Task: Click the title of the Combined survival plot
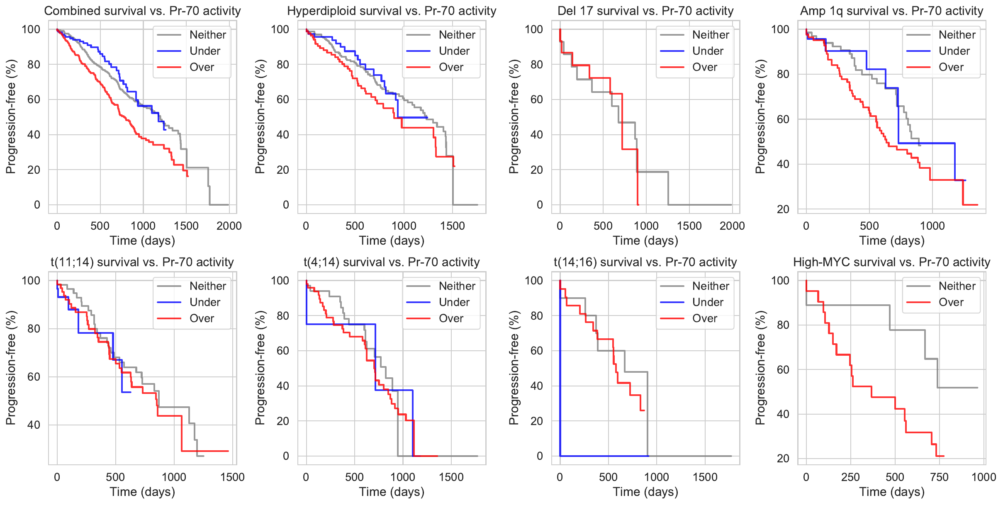pyautogui.click(x=142, y=11)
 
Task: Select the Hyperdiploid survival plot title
pyautogui.click(x=392, y=11)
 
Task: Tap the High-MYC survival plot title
pyautogui.click(x=891, y=262)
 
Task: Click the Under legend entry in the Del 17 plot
pyautogui.click(x=708, y=51)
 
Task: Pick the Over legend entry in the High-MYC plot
pyautogui.click(x=951, y=302)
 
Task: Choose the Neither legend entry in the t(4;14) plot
pyautogui.click(x=457, y=286)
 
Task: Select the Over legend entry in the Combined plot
pyautogui.click(x=202, y=67)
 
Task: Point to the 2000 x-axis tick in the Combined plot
pyautogui.click(x=229, y=226)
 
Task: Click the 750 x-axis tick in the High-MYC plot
pyautogui.click(x=939, y=477)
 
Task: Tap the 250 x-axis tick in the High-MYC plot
pyautogui.click(x=850, y=477)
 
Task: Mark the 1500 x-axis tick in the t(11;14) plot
pyautogui.click(x=232, y=477)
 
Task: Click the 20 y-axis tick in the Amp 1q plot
pyautogui.click(x=783, y=209)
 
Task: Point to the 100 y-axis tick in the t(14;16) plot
pyautogui.click(x=533, y=281)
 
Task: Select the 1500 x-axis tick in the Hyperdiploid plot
pyautogui.click(x=452, y=226)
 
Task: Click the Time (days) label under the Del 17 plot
pyautogui.click(x=645, y=240)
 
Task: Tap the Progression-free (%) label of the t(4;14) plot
pyautogui.click(x=260, y=368)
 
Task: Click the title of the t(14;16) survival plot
pyautogui.click(x=645, y=262)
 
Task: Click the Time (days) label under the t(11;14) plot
pyautogui.click(x=142, y=492)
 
